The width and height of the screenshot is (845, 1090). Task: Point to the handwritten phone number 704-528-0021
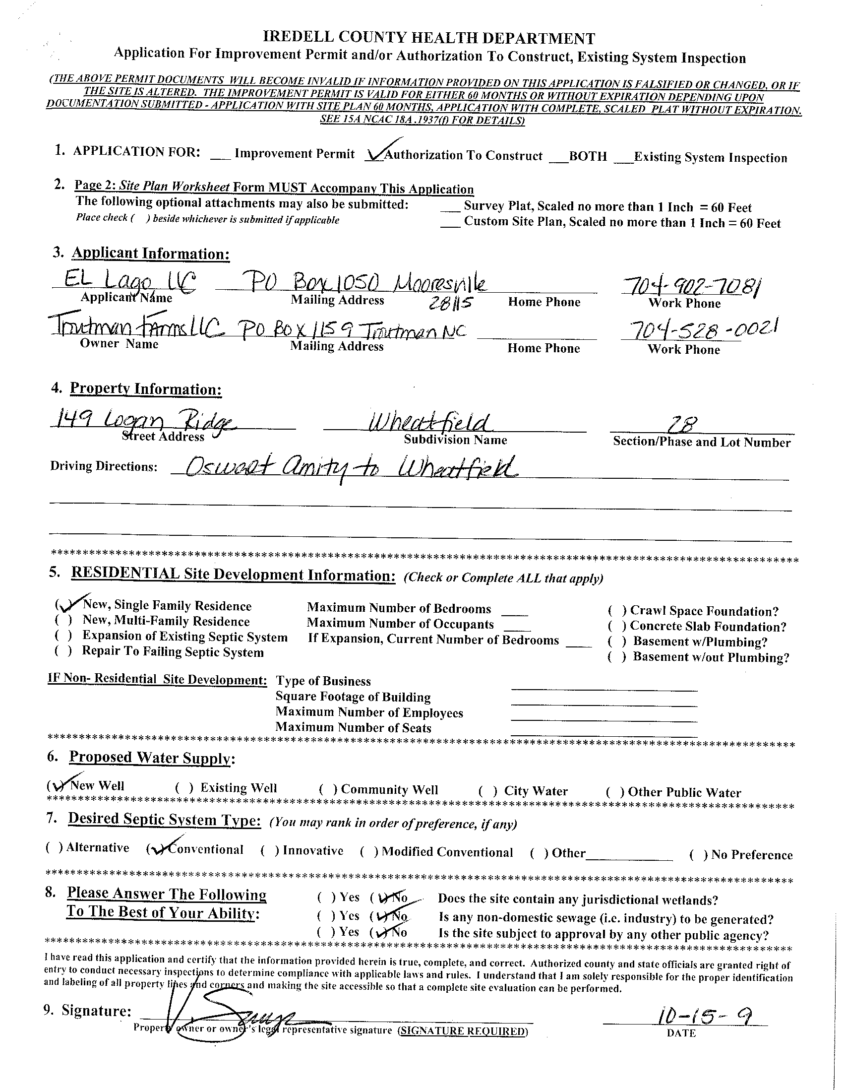[x=703, y=330]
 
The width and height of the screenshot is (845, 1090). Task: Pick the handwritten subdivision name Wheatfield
[x=429, y=423]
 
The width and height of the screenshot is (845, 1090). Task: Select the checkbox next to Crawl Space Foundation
[x=617, y=611]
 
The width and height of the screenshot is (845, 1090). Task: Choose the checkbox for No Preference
[x=698, y=855]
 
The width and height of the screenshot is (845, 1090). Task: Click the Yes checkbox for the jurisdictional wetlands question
[x=326, y=898]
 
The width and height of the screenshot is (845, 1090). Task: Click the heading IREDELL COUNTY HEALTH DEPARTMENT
[x=429, y=38]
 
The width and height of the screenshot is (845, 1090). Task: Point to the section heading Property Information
[x=146, y=389]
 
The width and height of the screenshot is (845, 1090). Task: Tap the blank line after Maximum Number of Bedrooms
[x=514, y=612]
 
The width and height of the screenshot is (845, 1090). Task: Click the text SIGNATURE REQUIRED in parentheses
[x=462, y=1030]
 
